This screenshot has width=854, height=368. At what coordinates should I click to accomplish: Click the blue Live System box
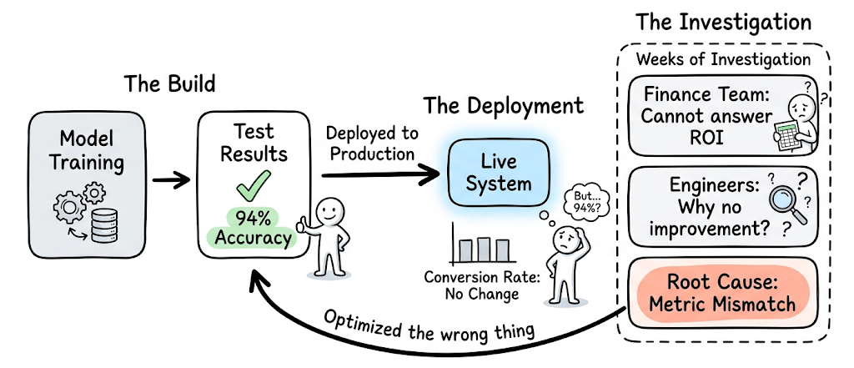(x=498, y=172)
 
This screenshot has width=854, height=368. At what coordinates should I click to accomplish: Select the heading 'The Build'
(x=170, y=84)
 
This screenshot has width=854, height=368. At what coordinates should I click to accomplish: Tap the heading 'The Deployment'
(x=503, y=106)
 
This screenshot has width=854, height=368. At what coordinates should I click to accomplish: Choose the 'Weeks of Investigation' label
(x=722, y=60)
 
